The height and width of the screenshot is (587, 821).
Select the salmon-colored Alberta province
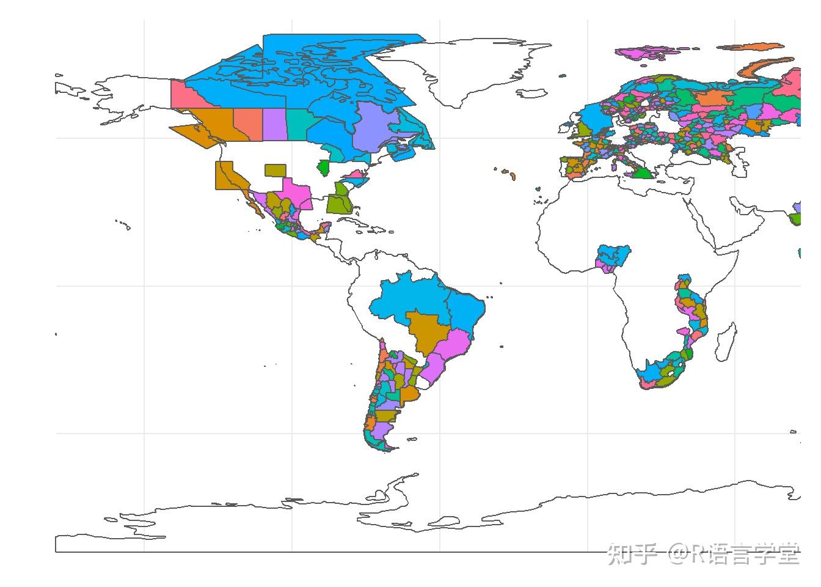(x=246, y=124)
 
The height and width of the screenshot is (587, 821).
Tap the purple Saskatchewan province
(x=274, y=124)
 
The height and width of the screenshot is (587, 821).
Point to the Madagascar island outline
(x=725, y=343)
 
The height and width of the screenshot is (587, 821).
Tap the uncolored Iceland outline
(x=532, y=94)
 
